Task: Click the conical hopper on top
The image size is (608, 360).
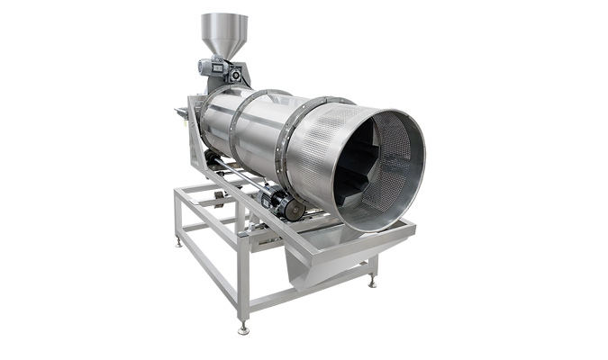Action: (x=224, y=34)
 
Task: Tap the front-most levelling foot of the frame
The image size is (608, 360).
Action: (x=242, y=329)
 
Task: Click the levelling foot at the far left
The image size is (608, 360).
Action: (x=178, y=242)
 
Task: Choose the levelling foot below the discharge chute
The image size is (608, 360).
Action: (x=370, y=282)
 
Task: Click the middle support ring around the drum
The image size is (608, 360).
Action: (x=236, y=126)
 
